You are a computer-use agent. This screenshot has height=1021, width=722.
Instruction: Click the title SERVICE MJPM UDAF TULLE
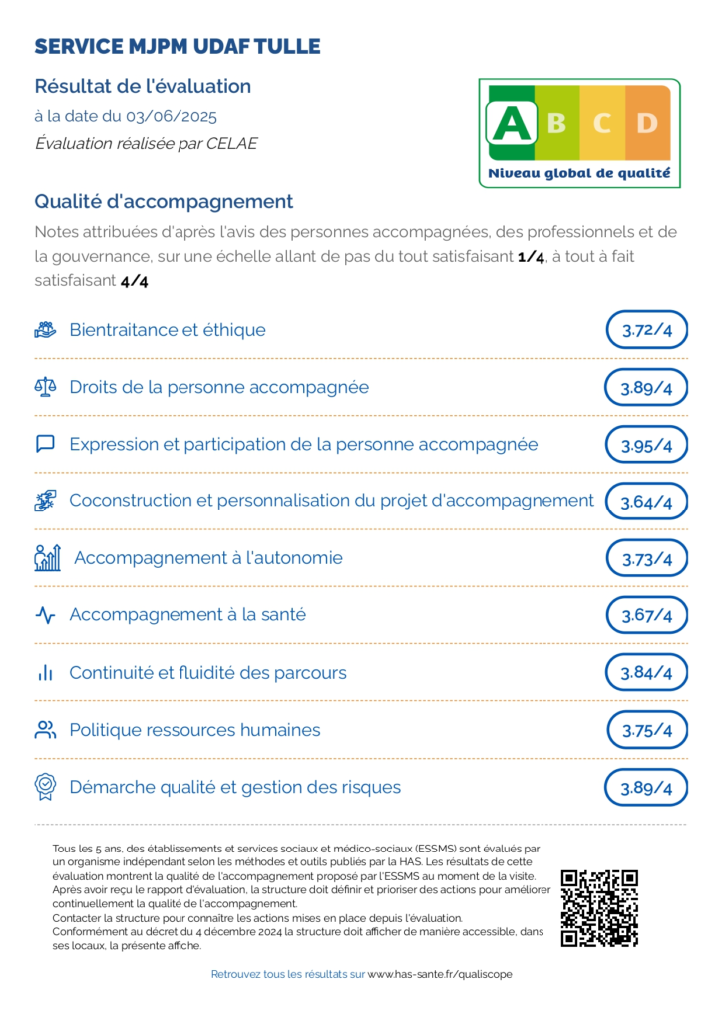pyautogui.click(x=178, y=47)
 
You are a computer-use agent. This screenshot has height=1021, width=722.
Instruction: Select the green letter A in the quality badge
pyautogui.click(x=513, y=124)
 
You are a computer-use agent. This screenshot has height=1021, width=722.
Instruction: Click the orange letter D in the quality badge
pyautogui.click(x=647, y=124)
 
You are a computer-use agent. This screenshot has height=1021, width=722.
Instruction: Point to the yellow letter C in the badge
pyautogui.click(x=602, y=124)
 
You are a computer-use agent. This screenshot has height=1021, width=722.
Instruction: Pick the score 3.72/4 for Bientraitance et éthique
pyautogui.click(x=646, y=330)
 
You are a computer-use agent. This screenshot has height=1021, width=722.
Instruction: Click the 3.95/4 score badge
pyautogui.click(x=646, y=445)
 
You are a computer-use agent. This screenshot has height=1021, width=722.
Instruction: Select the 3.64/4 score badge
pyautogui.click(x=646, y=502)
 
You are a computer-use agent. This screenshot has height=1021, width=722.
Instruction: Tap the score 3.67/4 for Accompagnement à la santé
pyautogui.click(x=646, y=615)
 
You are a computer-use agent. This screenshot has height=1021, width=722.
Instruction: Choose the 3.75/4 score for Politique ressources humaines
pyautogui.click(x=647, y=730)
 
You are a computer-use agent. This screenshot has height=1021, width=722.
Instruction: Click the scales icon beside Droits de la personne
pyautogui.click(x=45, y=387)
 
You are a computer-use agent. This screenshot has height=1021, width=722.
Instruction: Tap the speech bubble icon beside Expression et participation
pyautogui.click(x=45, y=444)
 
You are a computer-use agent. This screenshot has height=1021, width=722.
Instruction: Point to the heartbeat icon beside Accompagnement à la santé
pyautogui.click(x=45, y=615)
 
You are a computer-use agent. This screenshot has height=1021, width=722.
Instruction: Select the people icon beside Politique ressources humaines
pyautogui.click(x=45, y=730)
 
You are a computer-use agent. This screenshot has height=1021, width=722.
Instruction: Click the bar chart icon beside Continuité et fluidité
pyautogui.click(x=45, y=673)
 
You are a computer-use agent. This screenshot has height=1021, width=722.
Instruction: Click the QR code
pyautogui.click(x=599, y=908)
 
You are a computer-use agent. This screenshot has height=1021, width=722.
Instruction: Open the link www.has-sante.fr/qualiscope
pyautogui.click(x=440, y=974)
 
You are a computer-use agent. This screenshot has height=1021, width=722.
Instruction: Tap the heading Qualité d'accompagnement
pyautogui.click(x=164, y=202)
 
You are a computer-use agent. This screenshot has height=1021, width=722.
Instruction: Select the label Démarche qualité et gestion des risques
pyautogui.click(x=234, y=787)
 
